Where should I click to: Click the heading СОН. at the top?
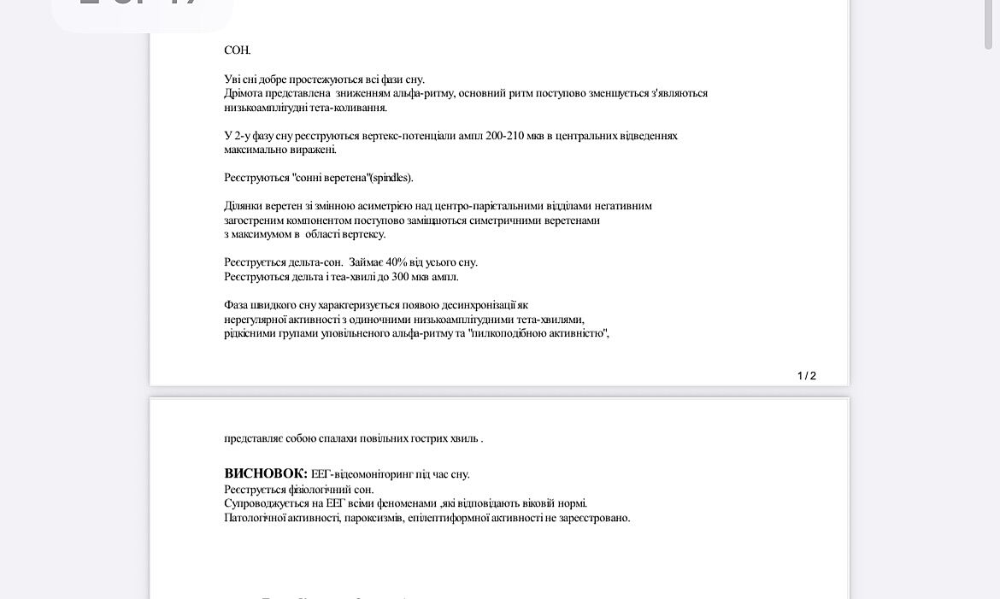point(237,50)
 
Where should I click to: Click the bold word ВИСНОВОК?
point(265,473)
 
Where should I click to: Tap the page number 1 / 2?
point(806,376)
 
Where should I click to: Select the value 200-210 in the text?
point(504,136)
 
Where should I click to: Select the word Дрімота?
point(244,93)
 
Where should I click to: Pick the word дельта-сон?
point(315,262)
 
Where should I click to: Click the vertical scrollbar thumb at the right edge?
point(988,26)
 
